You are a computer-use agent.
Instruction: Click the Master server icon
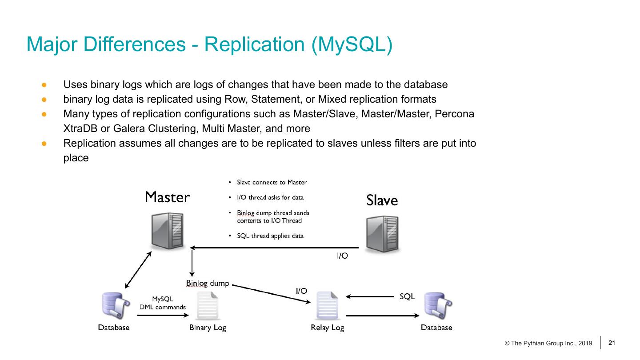coord(168,231)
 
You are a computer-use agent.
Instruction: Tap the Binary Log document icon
coord(208,305)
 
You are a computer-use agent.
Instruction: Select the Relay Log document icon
coord(328,305)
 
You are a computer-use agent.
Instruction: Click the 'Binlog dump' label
coord(207,283)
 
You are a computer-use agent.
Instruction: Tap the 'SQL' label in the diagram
coord(407,296)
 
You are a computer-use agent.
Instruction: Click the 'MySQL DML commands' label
coord(163,303)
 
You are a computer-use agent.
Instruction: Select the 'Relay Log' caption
coord(328,328)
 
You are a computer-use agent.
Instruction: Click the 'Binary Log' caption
coord(208,328)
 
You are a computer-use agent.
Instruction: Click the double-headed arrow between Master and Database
coord(138,271)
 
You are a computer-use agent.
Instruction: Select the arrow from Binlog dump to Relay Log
coord(271,294)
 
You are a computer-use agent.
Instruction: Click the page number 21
coord(612,343)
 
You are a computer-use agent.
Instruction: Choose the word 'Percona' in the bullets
coord(456,114)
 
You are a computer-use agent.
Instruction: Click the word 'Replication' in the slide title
coord(255,45)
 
